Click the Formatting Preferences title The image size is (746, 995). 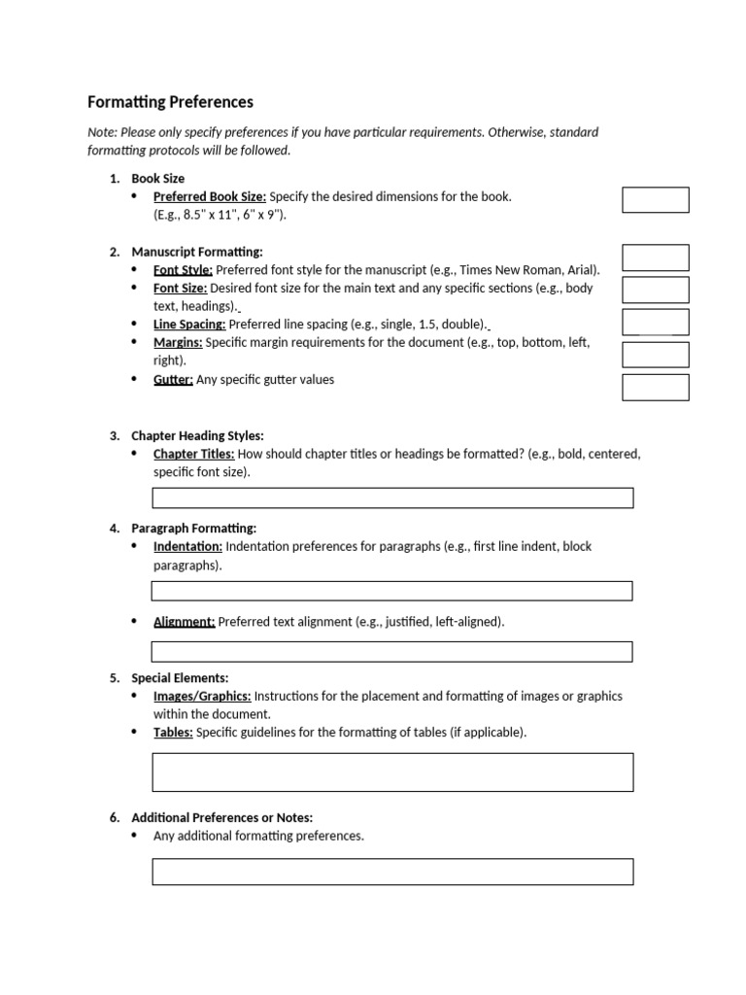[170, 101]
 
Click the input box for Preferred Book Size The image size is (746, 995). [655, 200]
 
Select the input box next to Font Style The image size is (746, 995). [655, 257]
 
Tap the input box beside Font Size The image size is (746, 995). [655, 290]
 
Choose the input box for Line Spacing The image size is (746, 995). [655, 323]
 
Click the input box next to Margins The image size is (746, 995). [655, 355]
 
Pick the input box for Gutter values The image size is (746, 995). [655, 387]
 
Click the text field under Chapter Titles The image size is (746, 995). [392, 497]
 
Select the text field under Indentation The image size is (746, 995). [392, 591]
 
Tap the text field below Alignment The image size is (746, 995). [392, 651]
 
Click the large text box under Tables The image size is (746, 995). [392, 772]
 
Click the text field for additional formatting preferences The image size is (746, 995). [392, 872]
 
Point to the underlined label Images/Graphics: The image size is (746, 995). [202, 696]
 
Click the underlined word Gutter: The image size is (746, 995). [173, 380]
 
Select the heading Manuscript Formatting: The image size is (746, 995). [196, 252]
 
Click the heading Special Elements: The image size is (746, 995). [180, 677]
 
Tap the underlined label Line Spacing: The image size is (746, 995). [189, 325]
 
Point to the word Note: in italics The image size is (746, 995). [103, 132]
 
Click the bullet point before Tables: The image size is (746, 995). [134, 733]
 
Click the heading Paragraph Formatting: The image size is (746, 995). [193, 528]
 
